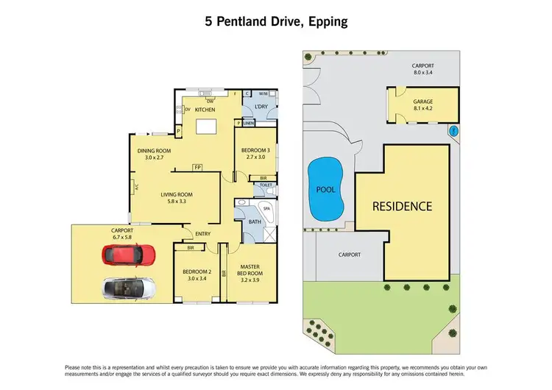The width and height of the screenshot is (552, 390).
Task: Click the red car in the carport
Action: [x=129, y=255]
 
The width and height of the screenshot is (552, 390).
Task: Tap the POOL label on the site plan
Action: [x=326, y=189]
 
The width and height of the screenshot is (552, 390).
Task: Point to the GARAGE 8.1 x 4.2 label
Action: [x=422, y=105]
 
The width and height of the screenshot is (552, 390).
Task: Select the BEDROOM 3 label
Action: [x=256, y=154]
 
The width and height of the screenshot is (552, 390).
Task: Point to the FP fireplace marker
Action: [x=197, y=168]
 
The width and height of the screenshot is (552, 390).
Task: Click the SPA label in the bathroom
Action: [x=267, y=209]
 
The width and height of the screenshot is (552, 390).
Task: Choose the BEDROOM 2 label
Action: [x=197, y=274]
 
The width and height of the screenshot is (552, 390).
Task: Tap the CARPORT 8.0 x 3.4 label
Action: [x=423, y=68]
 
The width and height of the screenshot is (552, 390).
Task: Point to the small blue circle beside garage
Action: [x=453, y=132]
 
